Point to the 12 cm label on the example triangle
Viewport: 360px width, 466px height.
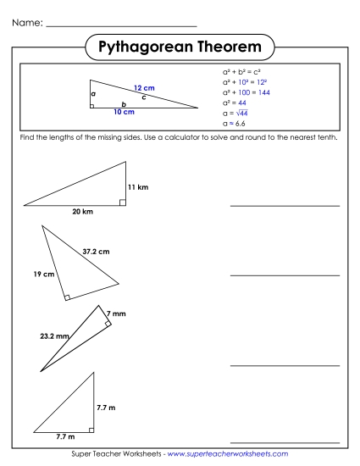pos(144,88)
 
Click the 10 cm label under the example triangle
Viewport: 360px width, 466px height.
pos(123,111)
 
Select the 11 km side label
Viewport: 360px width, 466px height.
pos(138,186)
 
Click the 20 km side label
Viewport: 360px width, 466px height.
pos(82,212)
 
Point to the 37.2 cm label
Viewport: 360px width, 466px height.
pos(96,251)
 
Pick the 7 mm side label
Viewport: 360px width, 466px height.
pos(117,314)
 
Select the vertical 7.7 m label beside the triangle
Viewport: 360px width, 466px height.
pos(107,408)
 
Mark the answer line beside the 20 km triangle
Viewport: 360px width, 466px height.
pos(284,205)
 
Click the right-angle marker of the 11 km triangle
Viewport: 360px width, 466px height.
pos(123,202)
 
